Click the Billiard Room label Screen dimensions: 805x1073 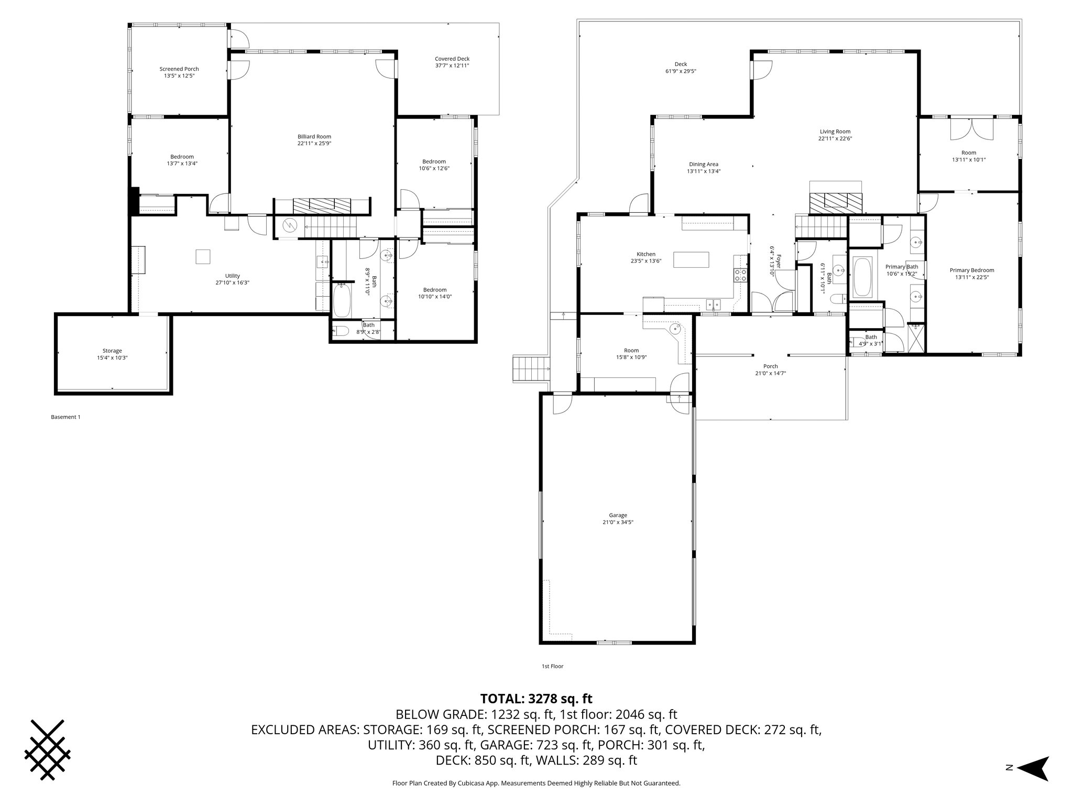coord(314,136)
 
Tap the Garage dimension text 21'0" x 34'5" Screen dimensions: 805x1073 coord(618,522)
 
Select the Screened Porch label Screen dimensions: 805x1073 coord(179,69)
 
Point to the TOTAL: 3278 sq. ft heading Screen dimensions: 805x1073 coord(536,699)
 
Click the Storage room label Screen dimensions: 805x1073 coord(112,351)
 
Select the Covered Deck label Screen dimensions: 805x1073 coord(452,59)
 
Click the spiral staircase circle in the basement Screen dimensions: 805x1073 coord(289,226)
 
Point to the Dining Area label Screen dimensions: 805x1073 coord(704,164)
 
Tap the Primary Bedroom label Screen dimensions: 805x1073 coord(972,270)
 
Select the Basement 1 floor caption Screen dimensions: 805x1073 coord(65,417)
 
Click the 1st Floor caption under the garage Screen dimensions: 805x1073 coord(552,666)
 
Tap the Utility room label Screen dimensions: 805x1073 coord(233,276)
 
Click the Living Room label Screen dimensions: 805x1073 coord(835,132)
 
